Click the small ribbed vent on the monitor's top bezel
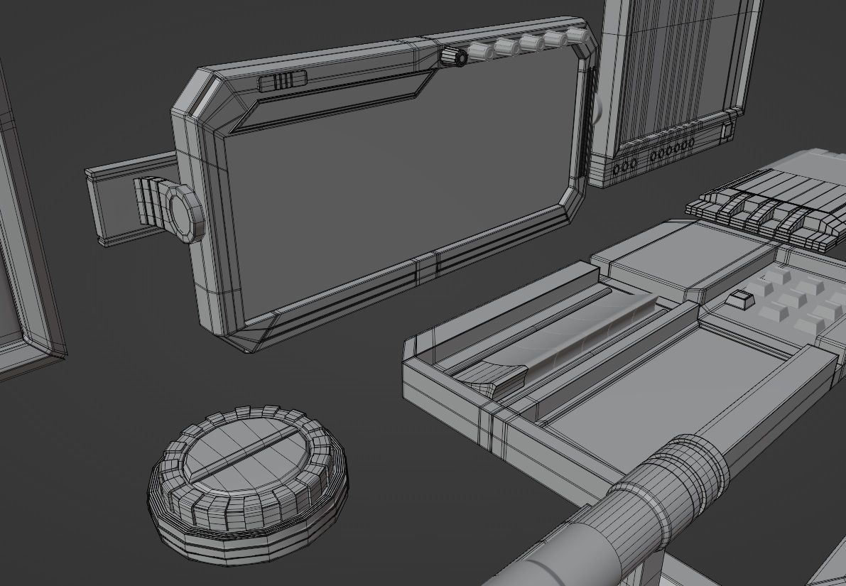click(x=282, y=81)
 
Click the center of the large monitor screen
click(x=398, y=192)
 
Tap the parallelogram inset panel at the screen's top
click(x=334, y=99)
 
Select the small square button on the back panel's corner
click(x=727, y=131)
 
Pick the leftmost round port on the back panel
click(x=616, y=168)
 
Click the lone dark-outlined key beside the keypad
click(x=740, y=300)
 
